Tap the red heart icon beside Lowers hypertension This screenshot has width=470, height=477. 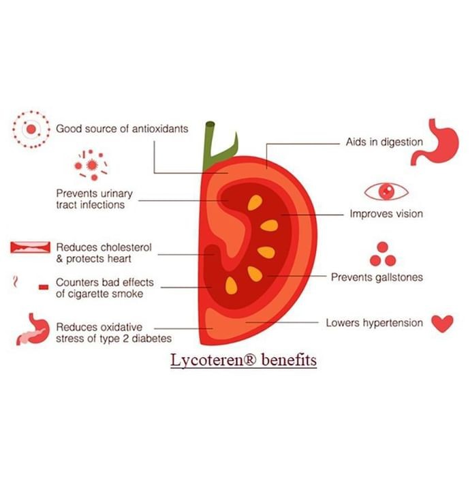pos(442,324)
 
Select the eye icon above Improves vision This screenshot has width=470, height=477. pos(386,191)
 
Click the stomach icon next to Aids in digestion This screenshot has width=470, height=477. pos(435,142)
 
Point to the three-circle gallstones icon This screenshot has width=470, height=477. pos(382,254)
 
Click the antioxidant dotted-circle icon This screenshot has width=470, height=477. pos(31,129)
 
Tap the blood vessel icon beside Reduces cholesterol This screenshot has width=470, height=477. pos(30,247)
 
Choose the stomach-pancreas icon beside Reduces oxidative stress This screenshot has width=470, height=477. pos(33,329)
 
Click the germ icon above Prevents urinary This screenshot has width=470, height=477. pos(91,165)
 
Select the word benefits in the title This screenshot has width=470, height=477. pos(289,360)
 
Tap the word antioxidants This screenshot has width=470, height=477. pos(160,129)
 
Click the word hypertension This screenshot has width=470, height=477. pos(393,323)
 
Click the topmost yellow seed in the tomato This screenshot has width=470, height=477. pos(255,202)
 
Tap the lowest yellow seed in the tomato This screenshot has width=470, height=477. pos(231,286)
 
